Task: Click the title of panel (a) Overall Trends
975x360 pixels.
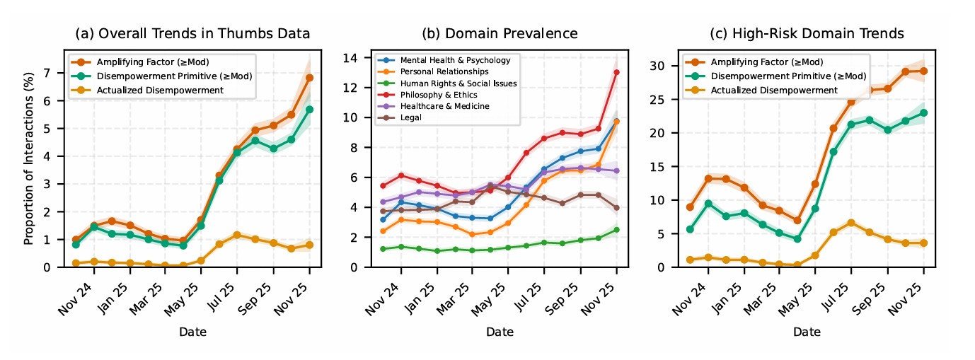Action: point(192,33)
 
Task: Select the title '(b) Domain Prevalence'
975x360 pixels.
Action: point(500,33)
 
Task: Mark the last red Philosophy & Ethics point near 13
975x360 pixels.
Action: point(616,72)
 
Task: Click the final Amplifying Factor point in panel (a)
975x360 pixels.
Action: point(309,78)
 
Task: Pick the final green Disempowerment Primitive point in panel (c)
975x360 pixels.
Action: point(923,112)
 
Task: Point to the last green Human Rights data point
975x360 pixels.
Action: point(616,230)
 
